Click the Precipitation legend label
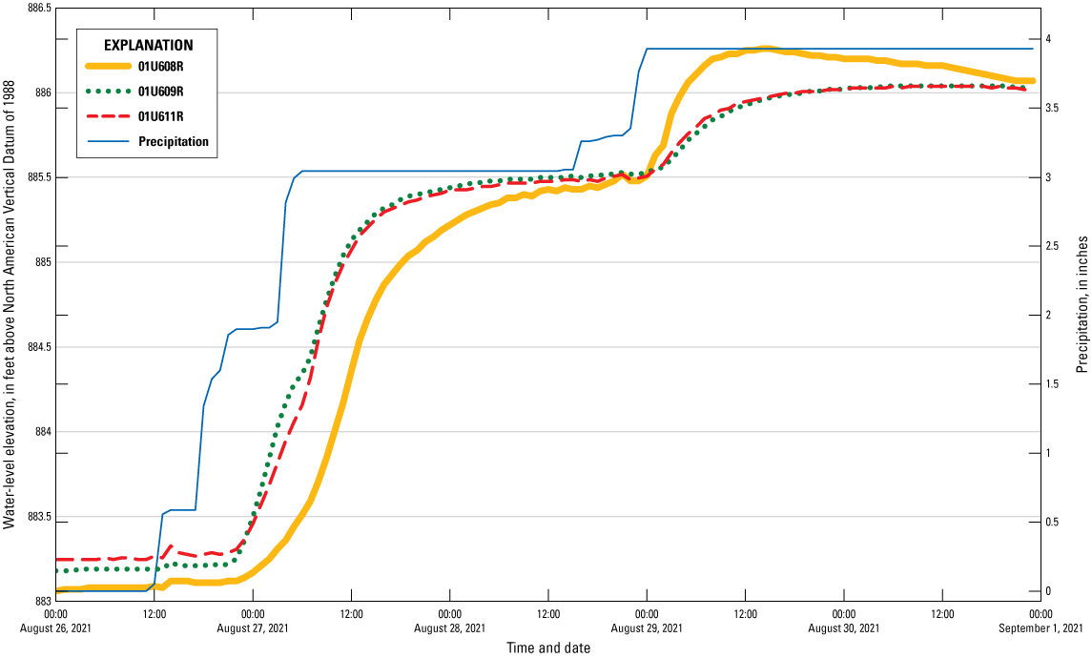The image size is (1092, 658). [174, 142]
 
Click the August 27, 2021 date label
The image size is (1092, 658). [253, 628]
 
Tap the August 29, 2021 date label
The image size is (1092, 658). [647, 628]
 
